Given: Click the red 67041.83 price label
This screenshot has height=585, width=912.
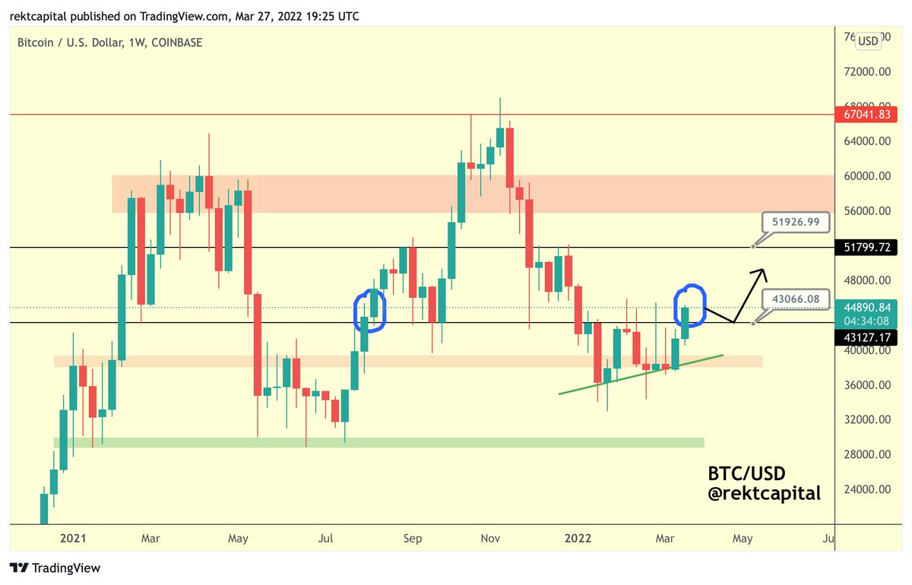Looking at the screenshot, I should pyautogui.click(x=872, y=114).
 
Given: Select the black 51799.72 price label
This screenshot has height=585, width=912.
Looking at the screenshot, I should pyautogui.click(x=872, y=248).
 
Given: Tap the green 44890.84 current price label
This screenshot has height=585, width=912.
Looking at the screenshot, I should pyautogui.click(x=872, y=307).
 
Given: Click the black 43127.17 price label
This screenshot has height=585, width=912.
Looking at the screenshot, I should pyautogui.click(x=872, y=336).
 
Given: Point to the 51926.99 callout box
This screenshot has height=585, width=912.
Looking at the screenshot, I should pyautogui.click(x=796, y=222).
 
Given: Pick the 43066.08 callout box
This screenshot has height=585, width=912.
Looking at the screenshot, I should pyautogui.click(x=796, y=299).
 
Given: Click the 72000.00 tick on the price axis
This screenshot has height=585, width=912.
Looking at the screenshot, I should pyautogui.click(x=870, y=71).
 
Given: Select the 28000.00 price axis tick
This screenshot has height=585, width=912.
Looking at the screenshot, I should pyautogui.click(x=870, y=454).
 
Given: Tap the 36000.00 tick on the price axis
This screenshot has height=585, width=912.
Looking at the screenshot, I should pyautogui.click(x=870, y=385).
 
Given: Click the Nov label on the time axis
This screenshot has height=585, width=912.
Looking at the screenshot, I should pyautogui.click(x=491, y=539).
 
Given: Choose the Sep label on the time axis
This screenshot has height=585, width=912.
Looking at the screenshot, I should pyautogui.click(x=412, y=539).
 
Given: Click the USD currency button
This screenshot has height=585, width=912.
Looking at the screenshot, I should pyautogui.click(x=867, y=40).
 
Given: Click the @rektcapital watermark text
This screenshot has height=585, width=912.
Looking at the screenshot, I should pyautogui.click(x=764, y=494).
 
